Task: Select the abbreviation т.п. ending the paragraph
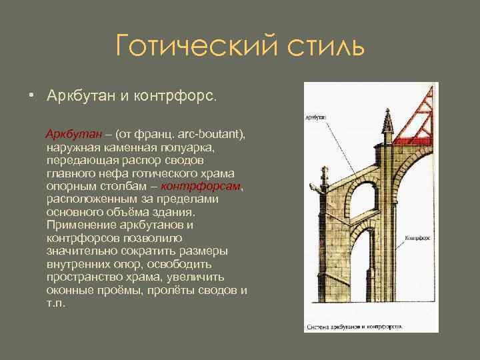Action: tap(57, 303)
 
